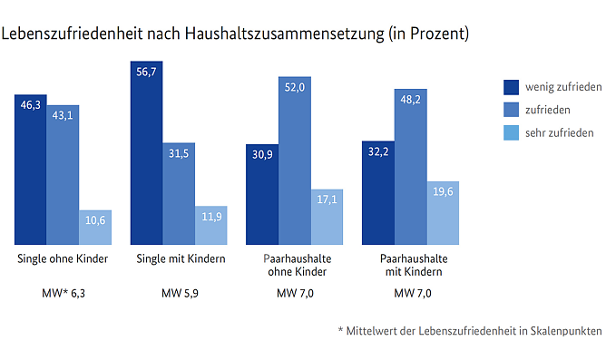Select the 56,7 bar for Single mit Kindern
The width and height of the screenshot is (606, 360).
(147, 154)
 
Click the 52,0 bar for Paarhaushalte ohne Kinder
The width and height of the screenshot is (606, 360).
(295, 161)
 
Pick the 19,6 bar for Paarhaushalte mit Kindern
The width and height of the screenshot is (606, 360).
(444, 213)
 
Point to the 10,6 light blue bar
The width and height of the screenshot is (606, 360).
(95, 228)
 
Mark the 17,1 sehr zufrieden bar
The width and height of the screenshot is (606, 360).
(327, 217)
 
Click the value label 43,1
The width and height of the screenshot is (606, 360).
(64, 116)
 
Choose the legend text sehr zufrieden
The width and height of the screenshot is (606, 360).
(561, 132)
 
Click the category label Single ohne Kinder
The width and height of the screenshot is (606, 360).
(63, 259)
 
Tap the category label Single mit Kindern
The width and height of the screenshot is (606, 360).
(179, 259)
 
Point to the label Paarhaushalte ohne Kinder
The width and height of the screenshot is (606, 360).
(295, 266)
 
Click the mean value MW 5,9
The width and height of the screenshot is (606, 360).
(179, 294)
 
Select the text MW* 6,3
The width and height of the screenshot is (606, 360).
(63, 294)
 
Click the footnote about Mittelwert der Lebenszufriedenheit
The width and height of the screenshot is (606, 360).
(468, 332)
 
